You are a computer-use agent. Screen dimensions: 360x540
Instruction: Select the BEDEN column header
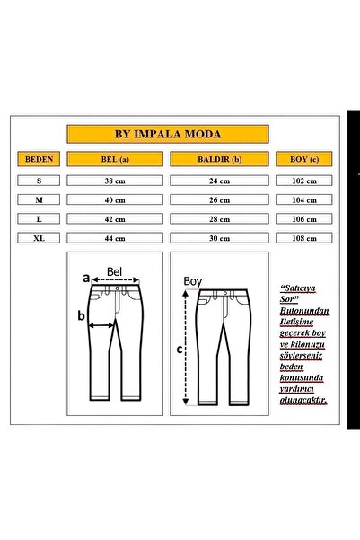[39, 160]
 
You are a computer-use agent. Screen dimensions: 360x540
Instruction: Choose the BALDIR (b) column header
[220, 160]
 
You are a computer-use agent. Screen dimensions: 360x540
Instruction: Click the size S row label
[39, 180]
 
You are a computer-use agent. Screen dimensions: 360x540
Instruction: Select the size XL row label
[39, 238]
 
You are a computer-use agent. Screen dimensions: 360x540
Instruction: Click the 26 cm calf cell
[220, 199]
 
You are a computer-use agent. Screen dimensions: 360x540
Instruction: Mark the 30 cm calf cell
[220, 238]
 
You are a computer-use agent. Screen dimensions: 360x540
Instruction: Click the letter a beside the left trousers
[86, 279]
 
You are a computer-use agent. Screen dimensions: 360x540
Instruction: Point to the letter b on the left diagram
[81, 315]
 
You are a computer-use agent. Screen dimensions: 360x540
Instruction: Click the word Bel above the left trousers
[114, 270]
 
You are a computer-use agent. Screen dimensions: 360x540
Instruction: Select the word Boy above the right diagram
[192, 280]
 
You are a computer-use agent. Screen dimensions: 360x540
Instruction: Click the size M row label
[39, 199]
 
